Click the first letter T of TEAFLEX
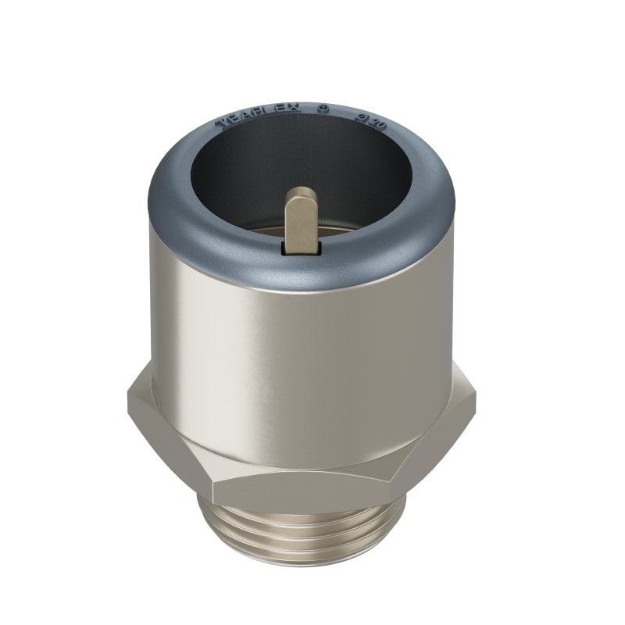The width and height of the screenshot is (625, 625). [221, 124]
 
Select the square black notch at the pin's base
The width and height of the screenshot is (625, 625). [301, 248]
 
